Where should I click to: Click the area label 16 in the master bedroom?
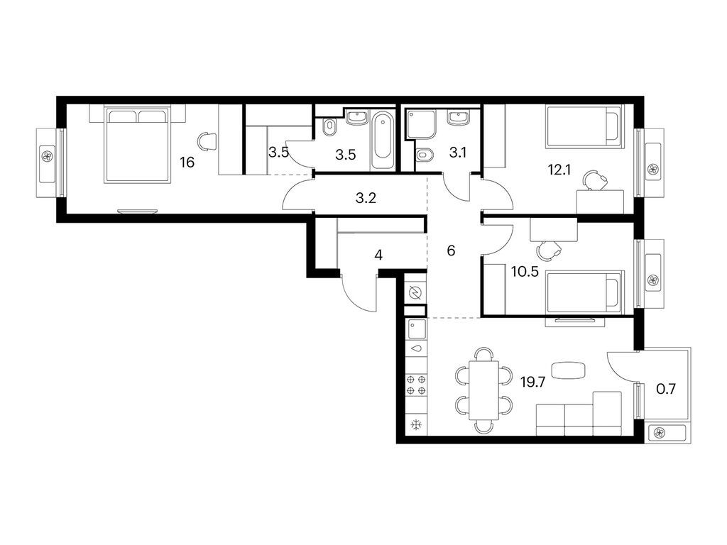(187, 163)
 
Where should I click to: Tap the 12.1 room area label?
(559, 170)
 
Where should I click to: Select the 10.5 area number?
(525, 272)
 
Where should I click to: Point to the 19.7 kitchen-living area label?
(532, 382)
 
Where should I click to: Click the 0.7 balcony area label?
(666, 389)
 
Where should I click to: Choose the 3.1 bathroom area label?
(458, 153)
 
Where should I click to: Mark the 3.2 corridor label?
(366, 199)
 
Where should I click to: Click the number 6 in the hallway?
(451, 251)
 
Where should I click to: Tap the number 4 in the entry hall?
(378, 255)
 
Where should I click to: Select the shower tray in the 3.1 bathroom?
(421, 123)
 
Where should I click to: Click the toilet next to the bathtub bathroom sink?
(329, 128)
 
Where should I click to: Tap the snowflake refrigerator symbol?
(416, 424)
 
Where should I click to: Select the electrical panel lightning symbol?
(415, 293)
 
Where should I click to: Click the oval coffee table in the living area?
(569, 370)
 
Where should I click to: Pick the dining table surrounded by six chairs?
(484, 390)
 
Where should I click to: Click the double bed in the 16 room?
(137, 145)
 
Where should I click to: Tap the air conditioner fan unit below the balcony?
(666, 433)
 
